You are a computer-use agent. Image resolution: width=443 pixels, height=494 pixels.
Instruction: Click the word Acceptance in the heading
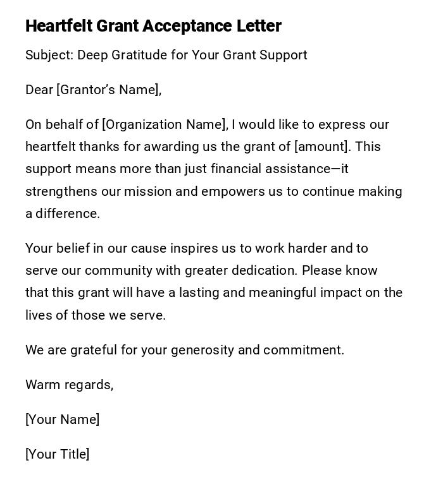click(179, 27)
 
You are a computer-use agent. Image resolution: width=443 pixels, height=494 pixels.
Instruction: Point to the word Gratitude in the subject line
click(138, 56)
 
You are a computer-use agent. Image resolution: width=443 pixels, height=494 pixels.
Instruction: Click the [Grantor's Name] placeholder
click(109, 90)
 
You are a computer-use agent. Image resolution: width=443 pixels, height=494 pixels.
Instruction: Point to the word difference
click(67, 214)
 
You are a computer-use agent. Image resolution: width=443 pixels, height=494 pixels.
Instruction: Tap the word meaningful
click(282, 293)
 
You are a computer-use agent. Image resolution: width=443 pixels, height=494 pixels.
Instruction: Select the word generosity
click(203, 351)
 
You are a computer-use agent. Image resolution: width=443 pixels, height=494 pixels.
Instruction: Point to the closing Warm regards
click(69, 385)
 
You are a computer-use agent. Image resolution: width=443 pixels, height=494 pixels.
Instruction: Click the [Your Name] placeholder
click(62, 420)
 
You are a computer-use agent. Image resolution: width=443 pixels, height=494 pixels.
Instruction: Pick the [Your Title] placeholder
click(57, 455)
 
